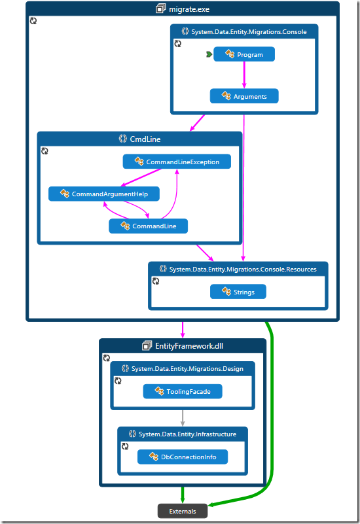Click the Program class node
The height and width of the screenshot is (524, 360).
[x=243, y=55]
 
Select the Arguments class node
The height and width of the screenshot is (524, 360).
[x=243, y=96]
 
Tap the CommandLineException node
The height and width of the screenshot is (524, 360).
[x=177, y=162]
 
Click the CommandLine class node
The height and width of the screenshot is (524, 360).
[x=148, y=226]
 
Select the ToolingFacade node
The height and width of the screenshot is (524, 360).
[x=183, y=391]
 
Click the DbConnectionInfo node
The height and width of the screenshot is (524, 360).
[x=183, y=457]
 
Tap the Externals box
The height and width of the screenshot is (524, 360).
[x=183, y=510]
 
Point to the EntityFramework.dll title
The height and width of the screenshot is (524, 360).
[x=187, y=345]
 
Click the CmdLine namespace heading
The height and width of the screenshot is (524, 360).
[x=145, y=139]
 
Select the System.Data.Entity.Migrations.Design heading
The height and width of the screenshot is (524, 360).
[x=182, y=369]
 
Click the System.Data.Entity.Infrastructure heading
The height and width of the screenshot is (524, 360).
[x=183, y=434]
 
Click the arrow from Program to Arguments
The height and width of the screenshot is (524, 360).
[x=244, y=75]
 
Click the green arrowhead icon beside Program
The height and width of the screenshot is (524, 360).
[x=208, y=55]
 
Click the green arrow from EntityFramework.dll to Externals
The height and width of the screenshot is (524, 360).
[x=183, y=495]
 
